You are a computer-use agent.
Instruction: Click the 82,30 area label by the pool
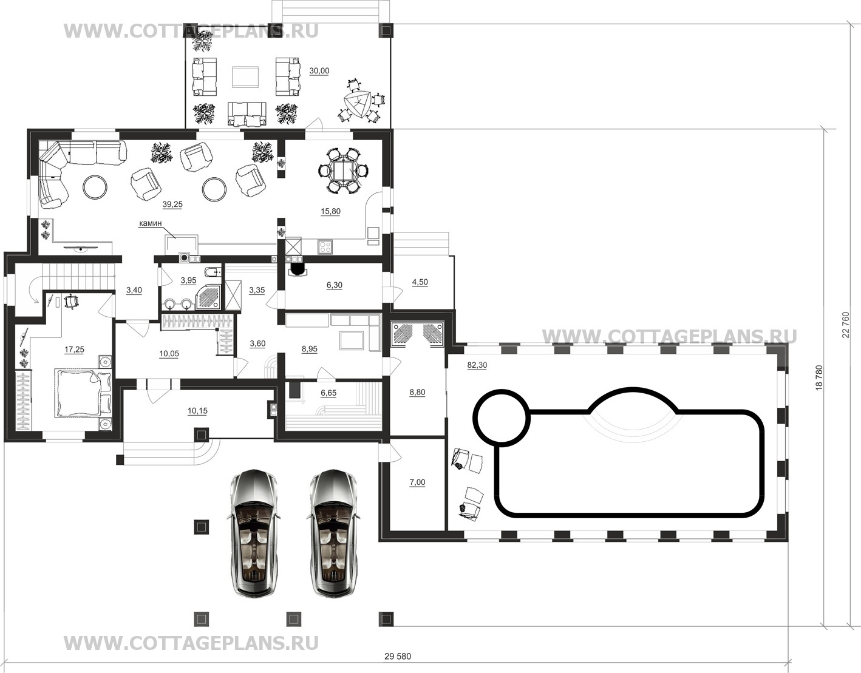coord(477,365)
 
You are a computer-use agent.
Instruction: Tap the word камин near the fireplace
coord(151,223)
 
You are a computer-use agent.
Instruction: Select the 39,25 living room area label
coord(172,205)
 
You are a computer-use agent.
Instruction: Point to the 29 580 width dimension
coord(398,657)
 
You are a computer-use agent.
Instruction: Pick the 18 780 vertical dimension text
coord(818,377)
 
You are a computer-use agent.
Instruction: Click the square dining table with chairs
coord(344,171)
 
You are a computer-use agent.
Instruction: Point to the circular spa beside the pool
coord(502,418)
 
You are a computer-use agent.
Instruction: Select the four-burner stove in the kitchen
coord(325,248)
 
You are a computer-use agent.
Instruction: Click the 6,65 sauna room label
coord(328,393)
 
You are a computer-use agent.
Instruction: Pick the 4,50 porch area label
coord(420,282)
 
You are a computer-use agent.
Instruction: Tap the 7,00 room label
coord(417,482)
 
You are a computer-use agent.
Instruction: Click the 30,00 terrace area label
coord(319,71)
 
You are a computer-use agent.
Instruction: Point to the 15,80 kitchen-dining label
coord(330,211)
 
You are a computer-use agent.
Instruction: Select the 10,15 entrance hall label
coord(197,411)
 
